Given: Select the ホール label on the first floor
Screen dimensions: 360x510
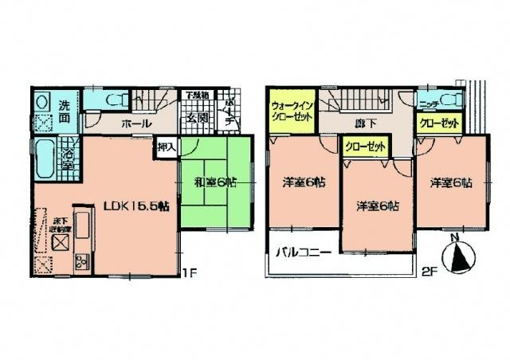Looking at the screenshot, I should [x=136, y=125].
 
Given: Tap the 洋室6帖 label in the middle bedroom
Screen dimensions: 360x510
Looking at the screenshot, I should [x=378, y=205].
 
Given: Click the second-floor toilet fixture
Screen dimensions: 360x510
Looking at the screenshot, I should [x=451, y=100].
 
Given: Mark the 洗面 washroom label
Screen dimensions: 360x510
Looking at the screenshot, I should [x=67, y=109].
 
